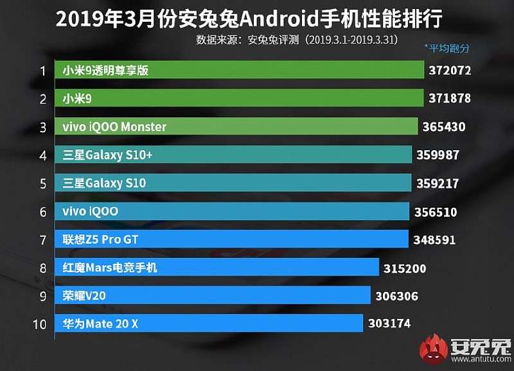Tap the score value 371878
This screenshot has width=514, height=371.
pyautogui.click(x=450, y=99)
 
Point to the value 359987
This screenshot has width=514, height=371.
pyautogui.click(x=441, y=155)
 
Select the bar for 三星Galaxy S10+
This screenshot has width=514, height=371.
pyautogui.click(x=234, y=155)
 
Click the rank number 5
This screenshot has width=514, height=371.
pyautogui.click(x=43, y=184)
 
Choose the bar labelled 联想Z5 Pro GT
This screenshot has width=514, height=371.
pyautogui.click(x=232, y=239)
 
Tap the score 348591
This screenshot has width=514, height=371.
pyautogui.click(x=435, y=240)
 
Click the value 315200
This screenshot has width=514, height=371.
pyautogui.click(x=405, y=268)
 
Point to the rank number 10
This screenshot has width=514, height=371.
pyautogui.click(x=39, y=324)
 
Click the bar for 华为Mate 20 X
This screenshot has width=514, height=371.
pyautogui.click(x=209, y=324)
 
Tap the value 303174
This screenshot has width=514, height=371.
pyautogui.click(x=389, y=324)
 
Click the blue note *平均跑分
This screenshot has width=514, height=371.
pyautogui.click(x=447, y=48)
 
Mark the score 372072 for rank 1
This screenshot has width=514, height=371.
pyautogui.click(x=450, y=71)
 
